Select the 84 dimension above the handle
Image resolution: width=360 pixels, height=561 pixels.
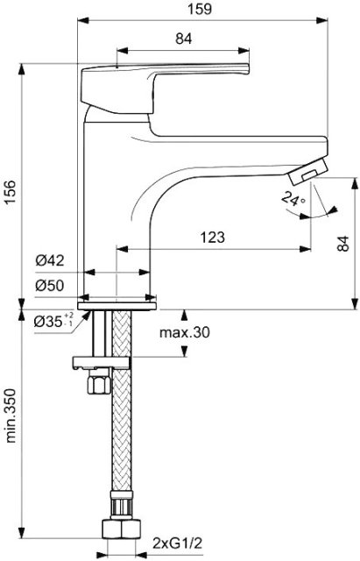[183, 39]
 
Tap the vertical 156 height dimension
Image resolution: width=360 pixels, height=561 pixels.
[11, 192]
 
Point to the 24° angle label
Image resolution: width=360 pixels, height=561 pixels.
[292, 199]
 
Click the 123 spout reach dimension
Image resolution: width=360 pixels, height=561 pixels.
[213, 237]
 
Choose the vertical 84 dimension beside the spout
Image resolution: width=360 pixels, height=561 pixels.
[342, 244]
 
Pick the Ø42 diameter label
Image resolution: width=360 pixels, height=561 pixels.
[50, 260]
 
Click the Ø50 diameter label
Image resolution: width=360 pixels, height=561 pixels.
[50, 286]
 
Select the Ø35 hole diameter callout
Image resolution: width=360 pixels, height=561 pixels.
[53, 321]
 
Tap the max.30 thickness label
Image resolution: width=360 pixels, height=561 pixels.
[185, 333]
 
